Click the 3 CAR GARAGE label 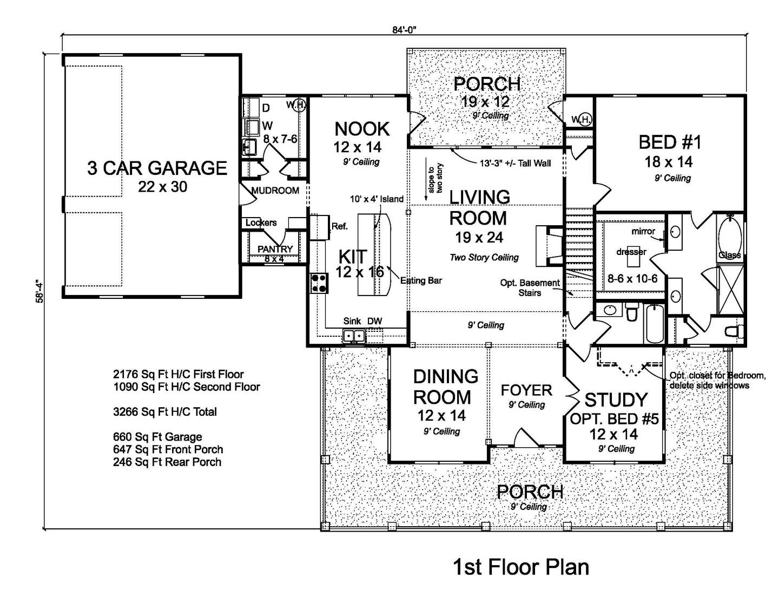[x=157, y=168]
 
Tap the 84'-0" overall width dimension [x=404, y=30]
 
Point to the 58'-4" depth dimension [x=39, y=291]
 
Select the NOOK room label [x=362, y=129]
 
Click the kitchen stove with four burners [x=319, y=284]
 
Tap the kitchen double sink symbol [x=354, y=336]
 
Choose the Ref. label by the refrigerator [x=339, y=226]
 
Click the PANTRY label [x=275, y=248]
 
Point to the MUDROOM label [x=275, y=190]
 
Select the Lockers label [x=261, y=223]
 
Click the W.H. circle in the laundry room [x=299, y=106]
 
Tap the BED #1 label [x=670, y=142]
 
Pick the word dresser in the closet [x=631, y=252]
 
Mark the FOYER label [x=526, y=390]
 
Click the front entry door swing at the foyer [x=526, y=437]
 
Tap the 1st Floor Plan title [x=521, y=567]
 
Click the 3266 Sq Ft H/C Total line [x=165, y=411]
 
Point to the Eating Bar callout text [x=421, y=280]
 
